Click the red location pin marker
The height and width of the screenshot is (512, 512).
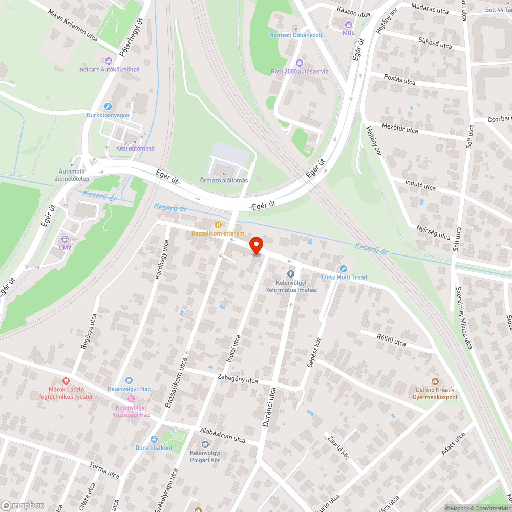pos(256,245)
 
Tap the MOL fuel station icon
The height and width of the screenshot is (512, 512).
pos(349,24)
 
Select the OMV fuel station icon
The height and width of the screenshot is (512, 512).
pos(65,239)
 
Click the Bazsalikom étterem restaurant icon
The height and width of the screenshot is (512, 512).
pos(219,224)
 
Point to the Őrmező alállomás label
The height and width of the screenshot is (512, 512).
pos(224,180)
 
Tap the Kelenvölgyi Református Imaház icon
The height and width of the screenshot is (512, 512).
pos(291,274)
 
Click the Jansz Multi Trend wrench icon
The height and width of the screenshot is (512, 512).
pos(344,269)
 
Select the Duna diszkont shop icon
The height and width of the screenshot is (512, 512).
pos(154,439)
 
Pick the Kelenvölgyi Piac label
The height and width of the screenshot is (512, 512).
pos(129,389)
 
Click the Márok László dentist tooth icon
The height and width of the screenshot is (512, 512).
pos(66,381)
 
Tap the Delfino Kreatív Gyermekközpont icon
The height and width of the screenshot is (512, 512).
pos(436,381)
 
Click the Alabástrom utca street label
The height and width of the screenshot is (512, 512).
pos(223,436)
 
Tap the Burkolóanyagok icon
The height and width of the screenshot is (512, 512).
pos(108,106)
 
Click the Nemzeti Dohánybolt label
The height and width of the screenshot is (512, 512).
pos(296,35)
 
